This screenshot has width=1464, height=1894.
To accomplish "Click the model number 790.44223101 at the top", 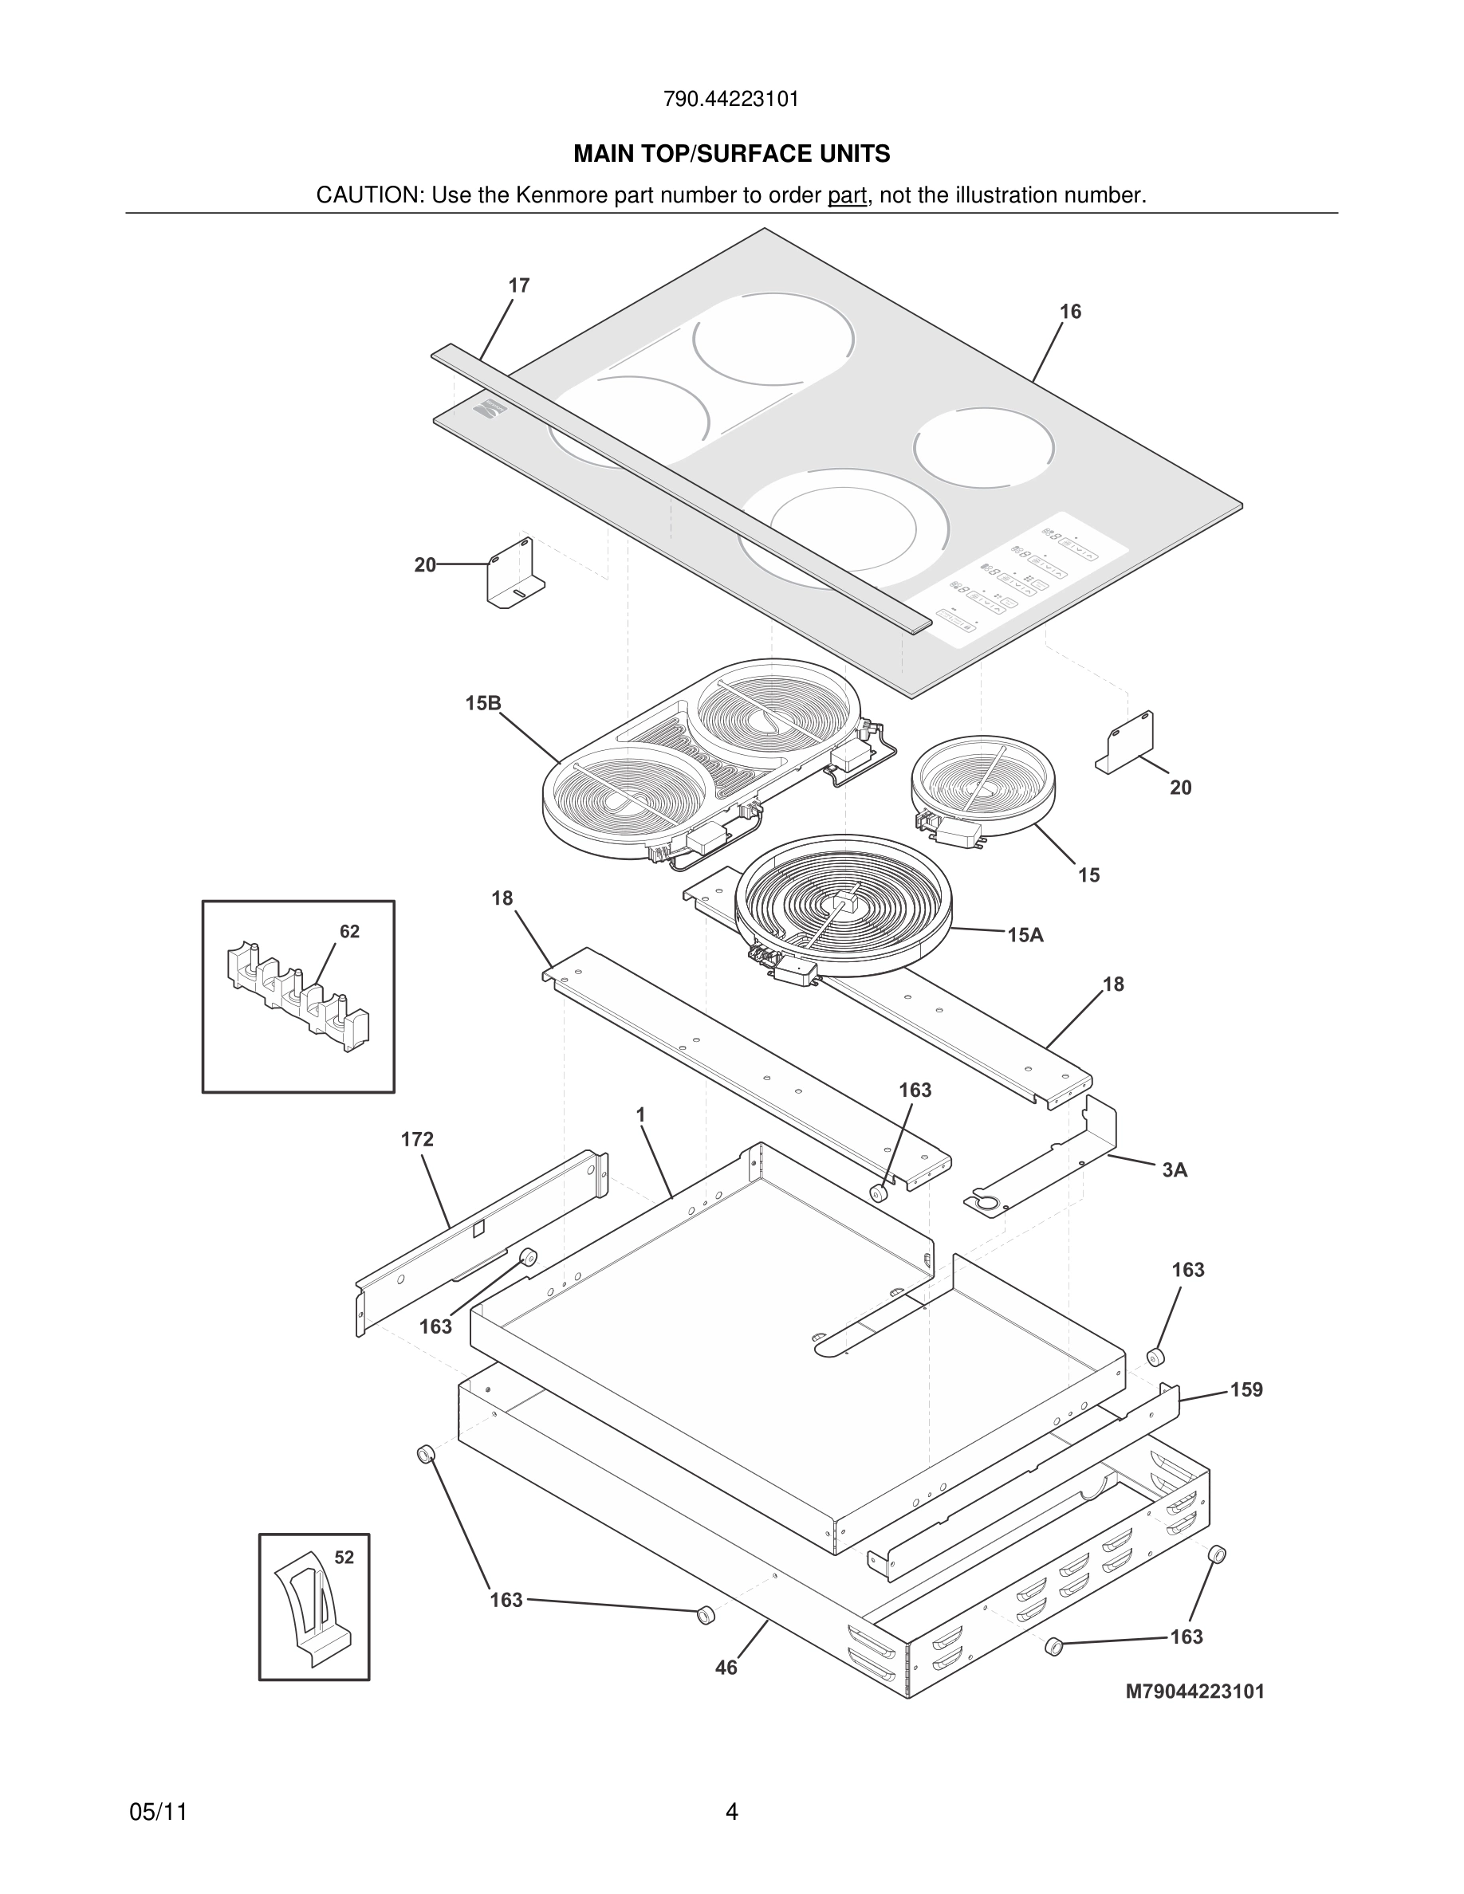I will click(x=731, y=100).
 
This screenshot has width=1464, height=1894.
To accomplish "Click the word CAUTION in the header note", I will click(x=368, y=195).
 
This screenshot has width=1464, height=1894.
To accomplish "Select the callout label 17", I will click(x=518, y=285).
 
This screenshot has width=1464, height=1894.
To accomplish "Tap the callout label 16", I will click(x=1070, y=312).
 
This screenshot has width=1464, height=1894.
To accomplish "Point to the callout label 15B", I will click(x=483, y=702).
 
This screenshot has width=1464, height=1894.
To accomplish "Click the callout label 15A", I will click(x=1025, y=935).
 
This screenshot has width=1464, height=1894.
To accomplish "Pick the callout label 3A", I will click(x=1175, y=1170).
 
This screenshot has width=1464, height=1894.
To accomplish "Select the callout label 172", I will click(x=417, y=1138).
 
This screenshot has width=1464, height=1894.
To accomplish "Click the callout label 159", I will click(x=1246, y=1389).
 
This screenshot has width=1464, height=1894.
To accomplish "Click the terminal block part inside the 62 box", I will click(x=295, y=997).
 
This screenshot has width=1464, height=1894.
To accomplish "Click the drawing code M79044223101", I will click(x=1194, y=1691).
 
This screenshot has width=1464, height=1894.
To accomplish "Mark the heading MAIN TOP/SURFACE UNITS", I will click(x=731, y=155).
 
